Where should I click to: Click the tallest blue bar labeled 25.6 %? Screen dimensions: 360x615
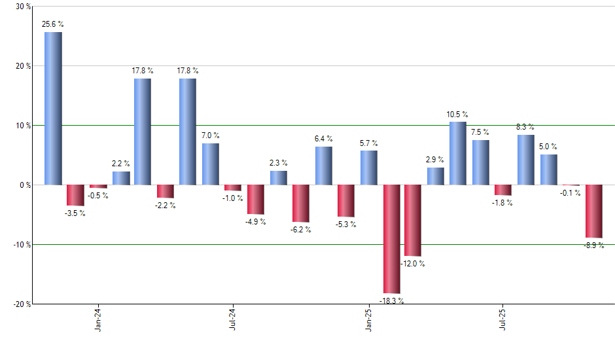tap(53, 108)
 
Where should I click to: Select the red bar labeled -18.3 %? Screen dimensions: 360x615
tap(391, 239)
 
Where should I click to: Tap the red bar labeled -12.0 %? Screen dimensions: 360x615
tap(413, 221)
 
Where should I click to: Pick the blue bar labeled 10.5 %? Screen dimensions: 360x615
tap(458, 153)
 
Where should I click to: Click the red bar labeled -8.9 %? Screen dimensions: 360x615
tap(594, 211)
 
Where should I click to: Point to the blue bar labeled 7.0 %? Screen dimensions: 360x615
tap(211, 164)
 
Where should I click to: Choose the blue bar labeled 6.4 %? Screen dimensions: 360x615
tap(323, 166)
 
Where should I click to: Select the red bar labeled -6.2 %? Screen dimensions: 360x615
tap(301, 204)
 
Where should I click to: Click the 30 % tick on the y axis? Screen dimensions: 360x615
tap(23, 7)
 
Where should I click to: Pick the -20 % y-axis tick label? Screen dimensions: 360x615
tap(22, 304)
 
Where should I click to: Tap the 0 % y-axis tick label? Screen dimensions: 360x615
tap(25, 185)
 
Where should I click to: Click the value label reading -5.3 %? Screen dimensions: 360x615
tap(346, 225)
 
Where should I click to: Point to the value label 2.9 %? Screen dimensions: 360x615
tap(435, 159)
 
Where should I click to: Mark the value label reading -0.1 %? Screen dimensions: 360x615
tap(571, 193)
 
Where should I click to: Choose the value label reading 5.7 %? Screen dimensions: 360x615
tap(369, 143)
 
